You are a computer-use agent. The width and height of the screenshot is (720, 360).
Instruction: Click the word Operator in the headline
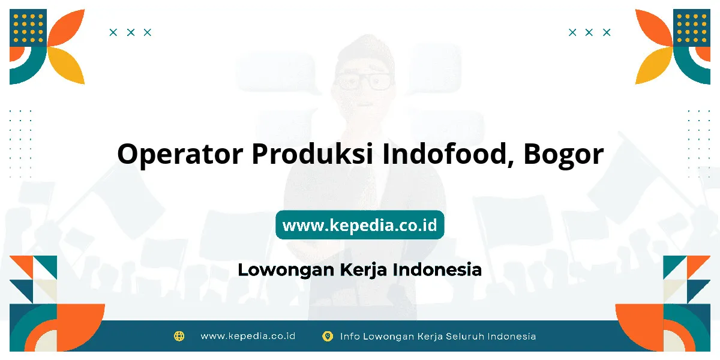[x=180, y=154]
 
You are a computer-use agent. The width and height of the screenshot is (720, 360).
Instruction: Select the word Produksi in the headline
[x=313, y=154]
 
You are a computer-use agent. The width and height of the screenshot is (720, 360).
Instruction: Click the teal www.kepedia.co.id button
[x=360, y=224]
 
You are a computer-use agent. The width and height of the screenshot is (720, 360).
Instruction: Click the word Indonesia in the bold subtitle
[x=437, y=269]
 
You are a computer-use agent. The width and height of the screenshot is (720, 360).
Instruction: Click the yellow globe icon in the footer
[x=179, y=336]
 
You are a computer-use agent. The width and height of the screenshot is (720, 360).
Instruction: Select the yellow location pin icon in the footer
[x=328, y=336]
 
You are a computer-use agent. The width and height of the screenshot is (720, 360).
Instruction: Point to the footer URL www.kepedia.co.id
[x=248, y=336]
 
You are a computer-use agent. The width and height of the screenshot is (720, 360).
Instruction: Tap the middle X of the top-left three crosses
[x=131, y=32]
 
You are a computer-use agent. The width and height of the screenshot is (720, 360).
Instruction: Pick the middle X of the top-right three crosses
[x=589, y=32]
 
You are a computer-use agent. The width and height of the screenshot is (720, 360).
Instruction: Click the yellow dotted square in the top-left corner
[x=28, y=28]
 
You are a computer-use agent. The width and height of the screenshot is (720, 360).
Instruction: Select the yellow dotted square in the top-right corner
[x=692, y=28]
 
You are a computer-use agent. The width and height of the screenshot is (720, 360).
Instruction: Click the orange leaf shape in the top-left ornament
[x=67, y=28]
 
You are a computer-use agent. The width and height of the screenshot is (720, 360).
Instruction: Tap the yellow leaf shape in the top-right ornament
[x=654, y=66]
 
